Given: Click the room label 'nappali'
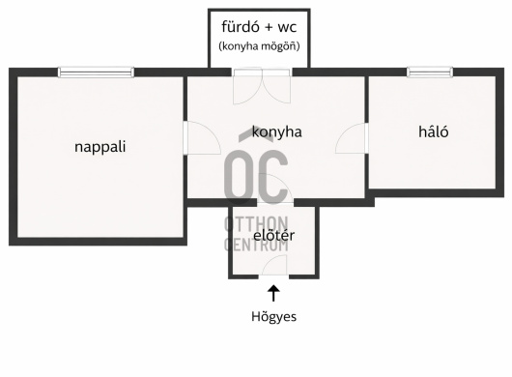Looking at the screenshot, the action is click(x=101, y=148).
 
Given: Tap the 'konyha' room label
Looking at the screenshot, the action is click(x=277, y=131).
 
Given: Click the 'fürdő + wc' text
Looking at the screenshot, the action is click(x=259, y=27).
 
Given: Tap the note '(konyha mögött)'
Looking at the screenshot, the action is click(x=259, y=45).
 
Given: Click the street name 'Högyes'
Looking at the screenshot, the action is click(x=274, y=315).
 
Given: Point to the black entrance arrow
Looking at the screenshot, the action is click(x=274, y=291).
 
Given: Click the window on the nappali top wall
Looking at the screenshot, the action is click(x=96, y=72).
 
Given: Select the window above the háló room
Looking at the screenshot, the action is click(x=429, y=72).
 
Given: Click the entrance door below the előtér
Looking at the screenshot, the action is click(x=273, y=269).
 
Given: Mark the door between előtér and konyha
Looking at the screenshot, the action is click(x=272, y=214).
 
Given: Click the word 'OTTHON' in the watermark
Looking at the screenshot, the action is click(x=255, y=224).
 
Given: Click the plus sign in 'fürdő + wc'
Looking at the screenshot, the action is click(x=264, y=27).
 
